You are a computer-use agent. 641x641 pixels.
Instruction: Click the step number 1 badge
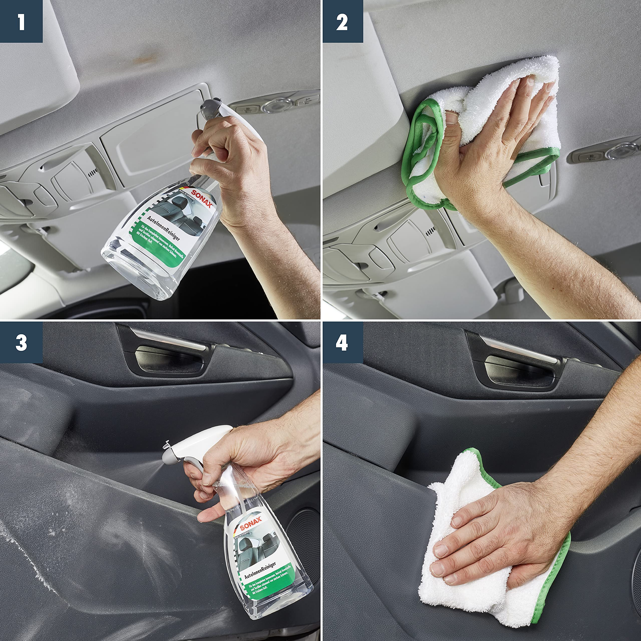pos(21,21)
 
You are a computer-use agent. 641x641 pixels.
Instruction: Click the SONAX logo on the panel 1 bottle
pos(201,198)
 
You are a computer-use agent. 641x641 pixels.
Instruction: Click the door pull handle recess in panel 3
pos(169,360)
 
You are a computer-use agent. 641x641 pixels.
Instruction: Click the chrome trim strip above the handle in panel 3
pos(169,339)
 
